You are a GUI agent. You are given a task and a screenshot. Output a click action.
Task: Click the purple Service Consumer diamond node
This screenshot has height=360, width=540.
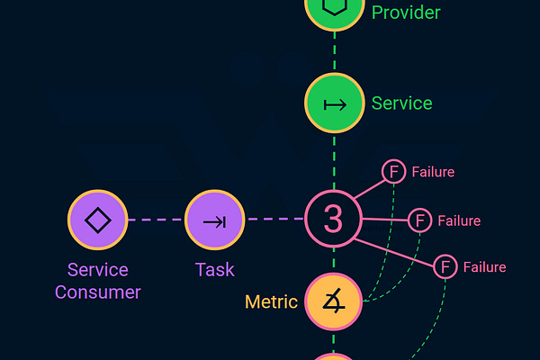tap(97, 220)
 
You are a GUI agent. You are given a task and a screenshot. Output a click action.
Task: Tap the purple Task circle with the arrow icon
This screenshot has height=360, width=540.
tap(214, 220)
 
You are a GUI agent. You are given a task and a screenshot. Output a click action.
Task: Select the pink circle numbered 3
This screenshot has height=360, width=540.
tap(333, 219)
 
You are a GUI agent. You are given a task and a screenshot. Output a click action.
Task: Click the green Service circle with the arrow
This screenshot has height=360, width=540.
tap(334, 103)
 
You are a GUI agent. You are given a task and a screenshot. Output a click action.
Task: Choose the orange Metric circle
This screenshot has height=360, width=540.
tap(333, 301)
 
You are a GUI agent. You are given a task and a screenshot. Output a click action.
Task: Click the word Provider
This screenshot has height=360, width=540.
tap(406, 13)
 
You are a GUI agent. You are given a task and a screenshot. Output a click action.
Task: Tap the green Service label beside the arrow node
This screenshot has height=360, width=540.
tap(401, 103)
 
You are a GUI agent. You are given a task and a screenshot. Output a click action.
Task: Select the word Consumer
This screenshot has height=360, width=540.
tap(97, 292)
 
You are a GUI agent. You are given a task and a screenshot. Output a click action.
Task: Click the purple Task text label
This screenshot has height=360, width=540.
tap(214, 269)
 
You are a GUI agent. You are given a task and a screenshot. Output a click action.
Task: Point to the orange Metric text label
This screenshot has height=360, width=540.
tap(271, 301)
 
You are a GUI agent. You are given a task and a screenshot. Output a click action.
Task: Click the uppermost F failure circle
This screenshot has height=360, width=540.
tap(393, 171)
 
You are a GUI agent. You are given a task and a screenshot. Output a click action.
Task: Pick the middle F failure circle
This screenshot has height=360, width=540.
tap(419, 220)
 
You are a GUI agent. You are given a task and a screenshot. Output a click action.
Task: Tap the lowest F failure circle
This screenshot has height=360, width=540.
tap(445, 266)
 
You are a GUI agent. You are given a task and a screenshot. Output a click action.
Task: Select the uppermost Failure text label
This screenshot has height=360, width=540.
tap(433, 171)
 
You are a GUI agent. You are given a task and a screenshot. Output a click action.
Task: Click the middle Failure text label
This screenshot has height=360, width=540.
tap(459, 220)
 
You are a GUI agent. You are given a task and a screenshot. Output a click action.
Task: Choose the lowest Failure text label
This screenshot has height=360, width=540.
tap(484, 267)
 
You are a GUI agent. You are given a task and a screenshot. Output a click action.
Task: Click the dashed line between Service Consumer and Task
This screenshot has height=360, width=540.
tap(156, 220)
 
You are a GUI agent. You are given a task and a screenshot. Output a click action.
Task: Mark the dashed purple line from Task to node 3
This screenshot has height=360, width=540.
tap(274, 219)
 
